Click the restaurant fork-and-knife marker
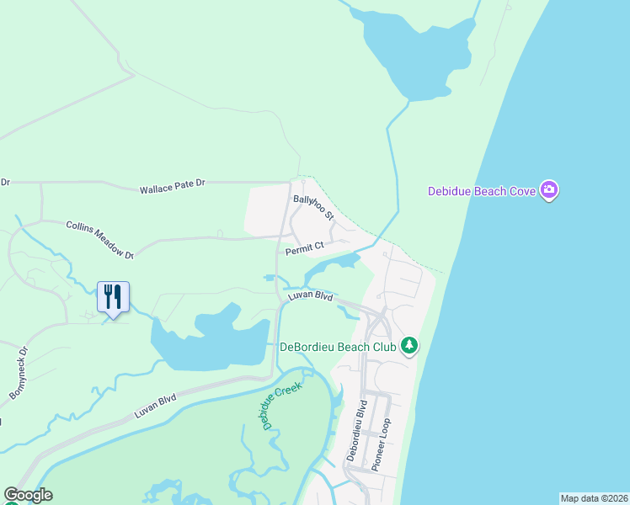(113, 297)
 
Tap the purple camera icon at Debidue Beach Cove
(549, 190)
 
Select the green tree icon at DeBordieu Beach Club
(409, 345)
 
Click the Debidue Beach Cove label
(482, 191)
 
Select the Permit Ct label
(305, 247)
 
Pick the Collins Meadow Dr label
(100, 239)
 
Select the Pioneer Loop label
(381, 444)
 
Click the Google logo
(28, 495)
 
